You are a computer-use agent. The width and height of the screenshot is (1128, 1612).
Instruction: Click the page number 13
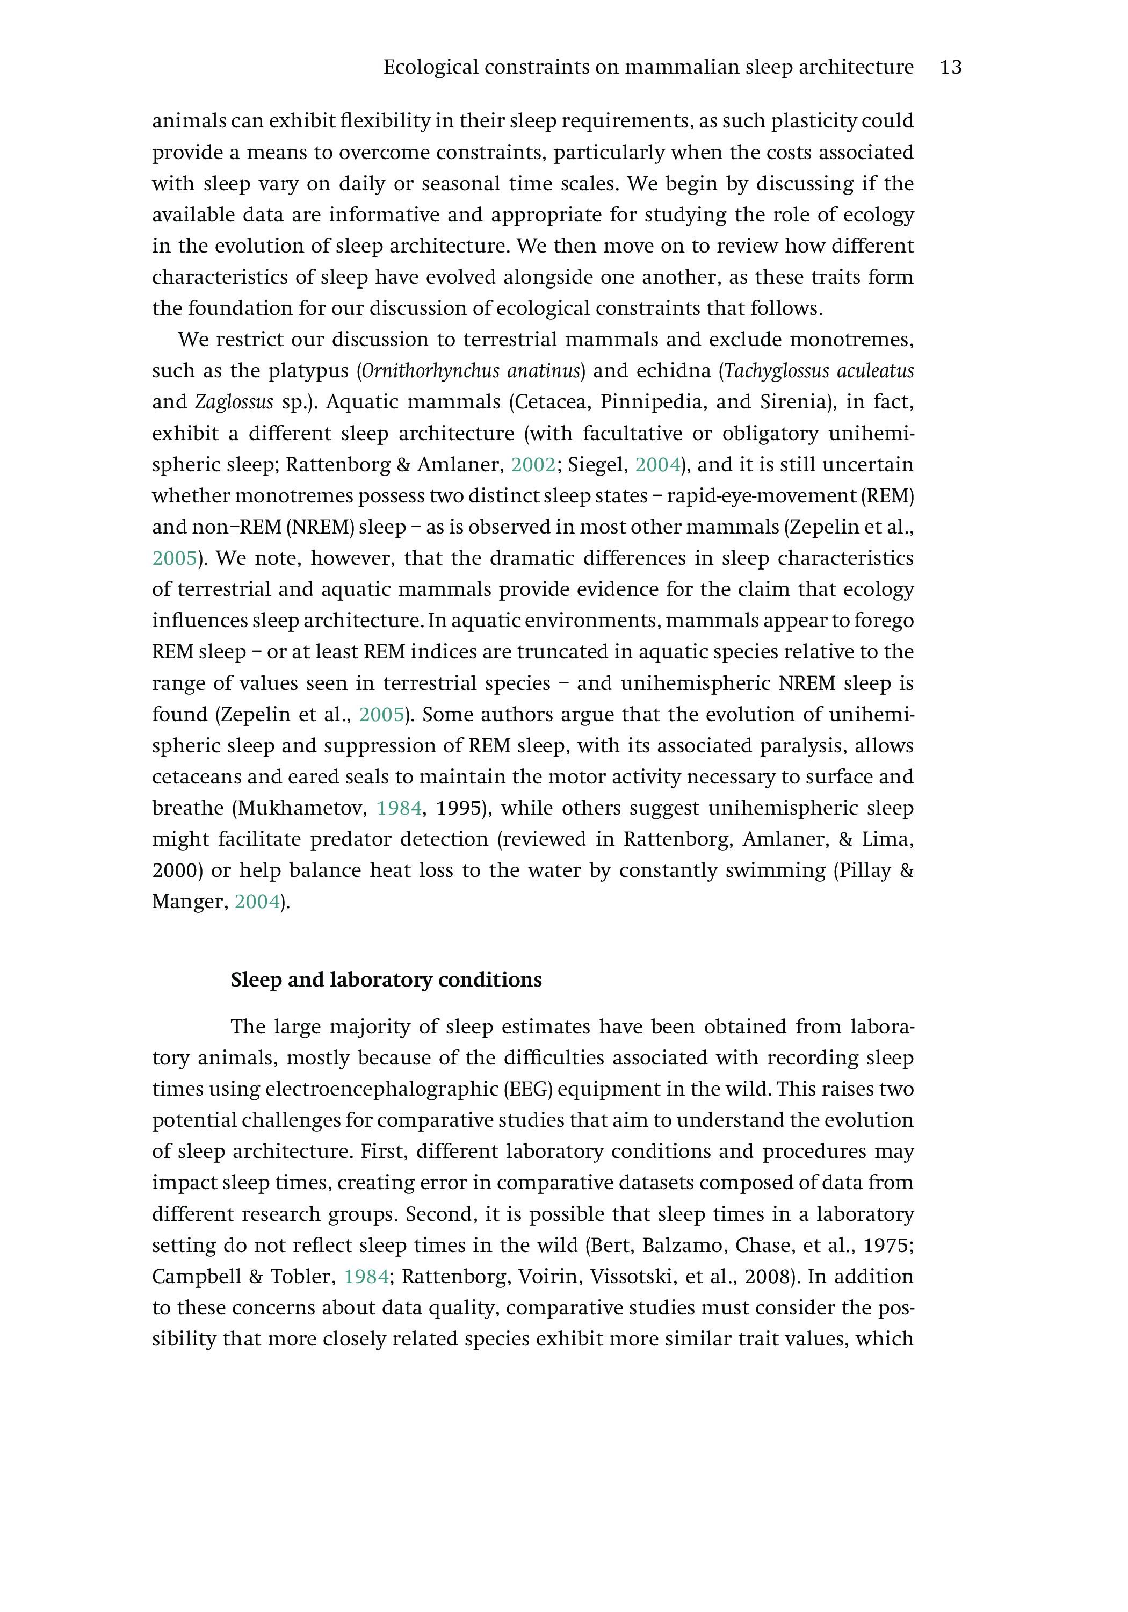pos(950,67)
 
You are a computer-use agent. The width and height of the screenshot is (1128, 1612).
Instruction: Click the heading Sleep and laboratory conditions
pos(386,980)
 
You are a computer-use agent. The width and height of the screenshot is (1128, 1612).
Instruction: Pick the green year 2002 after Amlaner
pos(533,465)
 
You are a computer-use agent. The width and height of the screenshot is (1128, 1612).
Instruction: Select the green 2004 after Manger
pos(257,902)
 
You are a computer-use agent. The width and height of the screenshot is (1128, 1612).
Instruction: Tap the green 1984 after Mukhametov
pos(399,808)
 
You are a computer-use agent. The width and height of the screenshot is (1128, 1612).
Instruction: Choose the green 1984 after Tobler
pos(366,1276)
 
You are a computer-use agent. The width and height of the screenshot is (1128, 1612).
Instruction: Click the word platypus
pos(308,371)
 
